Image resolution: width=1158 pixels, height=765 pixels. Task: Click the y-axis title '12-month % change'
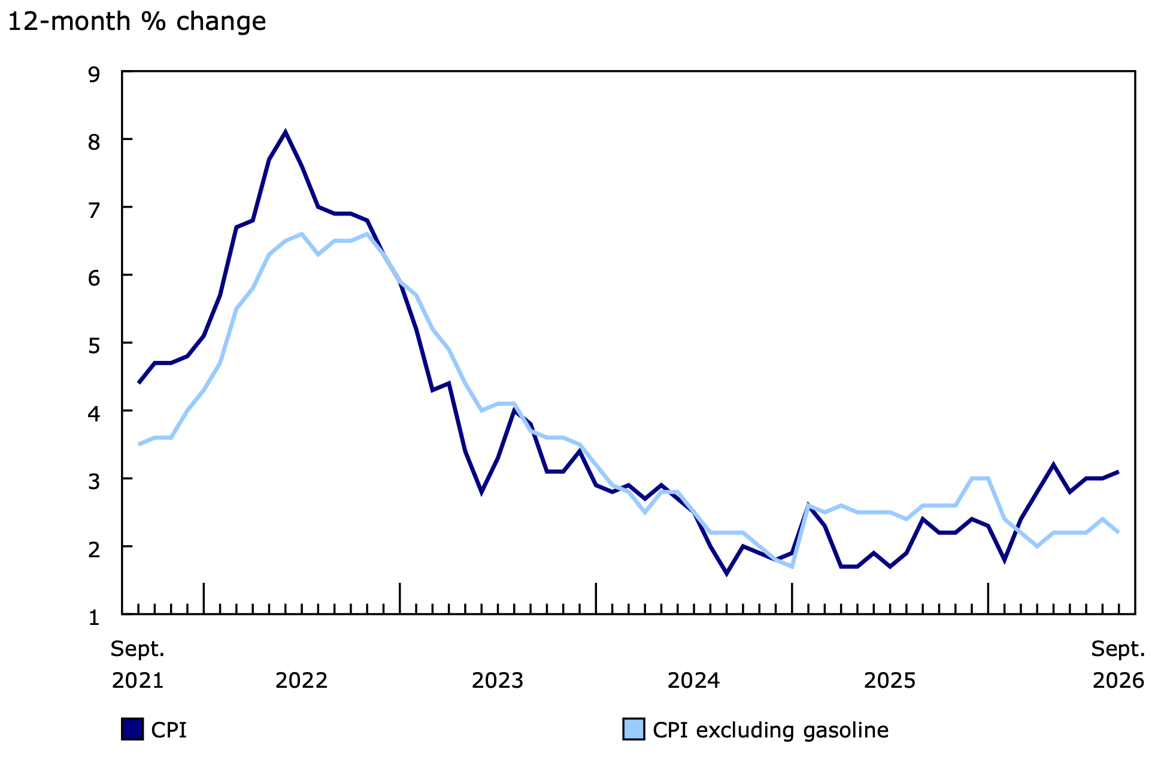(x=137, y=22)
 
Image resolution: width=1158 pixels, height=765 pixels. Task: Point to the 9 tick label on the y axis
(x=94, y=75)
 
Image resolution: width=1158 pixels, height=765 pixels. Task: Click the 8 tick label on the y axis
(x=94, y=142)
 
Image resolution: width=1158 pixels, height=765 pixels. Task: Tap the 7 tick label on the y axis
(x=94, y=210)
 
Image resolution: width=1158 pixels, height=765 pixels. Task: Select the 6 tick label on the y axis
(x=94, y=278)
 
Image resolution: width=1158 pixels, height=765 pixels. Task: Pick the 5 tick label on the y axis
(x=94, y=346)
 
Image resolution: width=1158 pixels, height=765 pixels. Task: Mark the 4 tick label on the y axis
(x=94, y=414)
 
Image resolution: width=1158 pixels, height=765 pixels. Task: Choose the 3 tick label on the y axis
(x=94, y=482)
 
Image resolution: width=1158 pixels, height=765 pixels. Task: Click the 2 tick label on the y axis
(x=94, y=550)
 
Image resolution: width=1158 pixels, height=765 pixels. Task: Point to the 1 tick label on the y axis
(x=94, y=617)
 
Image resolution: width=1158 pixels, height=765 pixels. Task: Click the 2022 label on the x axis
(x=301, y=681)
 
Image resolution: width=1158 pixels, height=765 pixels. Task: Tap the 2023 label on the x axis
(x=498, y=681)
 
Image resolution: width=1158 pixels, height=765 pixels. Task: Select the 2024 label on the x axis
(x=693, y=681)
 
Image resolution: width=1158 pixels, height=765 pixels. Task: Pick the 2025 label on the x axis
(x=890, y=681)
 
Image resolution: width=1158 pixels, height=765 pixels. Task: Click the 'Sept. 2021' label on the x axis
(x=138, y=664)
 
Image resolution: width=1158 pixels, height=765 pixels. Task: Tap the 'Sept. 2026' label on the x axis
(x=1118, y=664)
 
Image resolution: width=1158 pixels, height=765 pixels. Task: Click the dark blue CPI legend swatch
(x=132, y=729)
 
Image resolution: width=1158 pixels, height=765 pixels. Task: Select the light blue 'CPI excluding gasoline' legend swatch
(x=633, y=729)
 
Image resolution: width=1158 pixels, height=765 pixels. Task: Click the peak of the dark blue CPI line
(x=285, y=132)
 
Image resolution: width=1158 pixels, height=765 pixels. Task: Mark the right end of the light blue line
(x=1118, y=532)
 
